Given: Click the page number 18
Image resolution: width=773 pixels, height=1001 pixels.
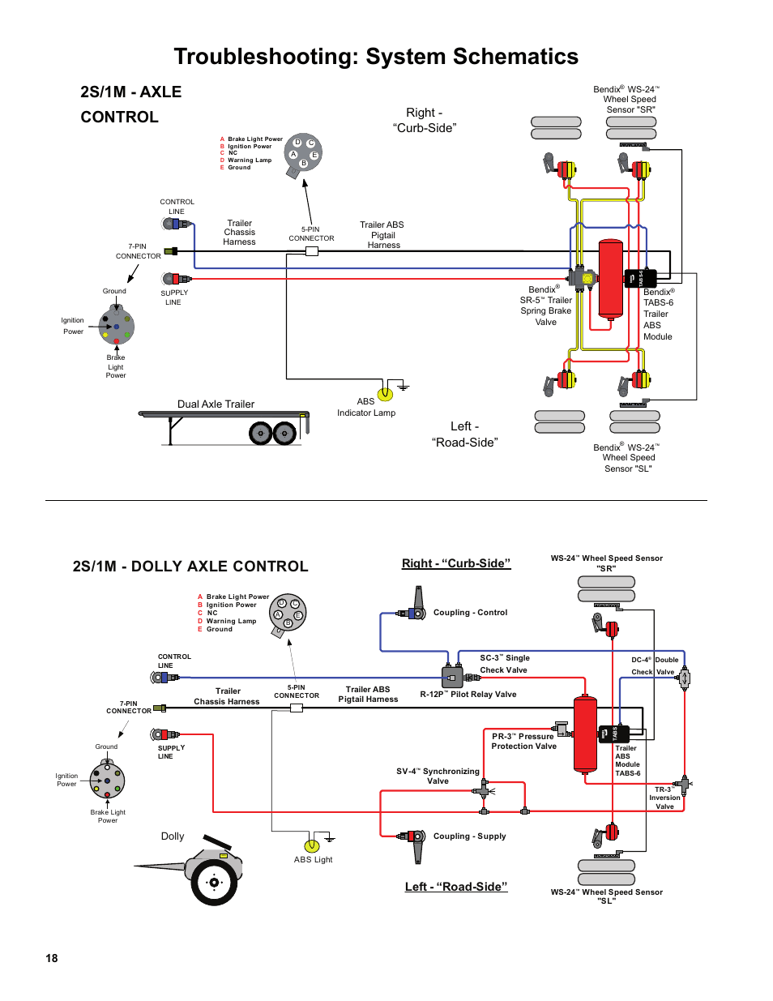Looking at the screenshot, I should tap(52, 958).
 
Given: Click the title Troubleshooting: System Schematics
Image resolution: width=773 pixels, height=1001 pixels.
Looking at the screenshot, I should tap(376, 57).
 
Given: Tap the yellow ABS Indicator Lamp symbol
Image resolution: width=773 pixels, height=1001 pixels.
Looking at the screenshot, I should tap(386, 394).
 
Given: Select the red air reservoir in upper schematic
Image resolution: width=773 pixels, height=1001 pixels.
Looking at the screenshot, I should tap(610, 279).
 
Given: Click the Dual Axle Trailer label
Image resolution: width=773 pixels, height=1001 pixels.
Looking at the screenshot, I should tap(216, 404).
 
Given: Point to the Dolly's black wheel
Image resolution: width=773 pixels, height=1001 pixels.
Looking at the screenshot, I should tap(214, 883).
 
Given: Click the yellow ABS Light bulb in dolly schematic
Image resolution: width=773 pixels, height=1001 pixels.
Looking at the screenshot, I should tap(312, 846).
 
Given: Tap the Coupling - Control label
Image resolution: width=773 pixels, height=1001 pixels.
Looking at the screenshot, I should tap(470, 613).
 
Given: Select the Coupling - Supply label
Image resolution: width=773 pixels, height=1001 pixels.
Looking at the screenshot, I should tap(469, 836).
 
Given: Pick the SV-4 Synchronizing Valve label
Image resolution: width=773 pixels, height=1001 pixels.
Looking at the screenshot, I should tap(438, 776).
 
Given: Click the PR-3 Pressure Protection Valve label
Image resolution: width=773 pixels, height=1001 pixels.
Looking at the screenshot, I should tap(523, 742).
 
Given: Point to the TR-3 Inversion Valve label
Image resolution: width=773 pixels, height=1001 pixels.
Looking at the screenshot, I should tap(664, 798).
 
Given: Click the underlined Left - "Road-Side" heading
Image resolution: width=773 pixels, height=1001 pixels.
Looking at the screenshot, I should tap(456, 887).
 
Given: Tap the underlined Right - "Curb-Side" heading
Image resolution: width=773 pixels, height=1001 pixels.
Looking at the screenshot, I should tap(456, 563).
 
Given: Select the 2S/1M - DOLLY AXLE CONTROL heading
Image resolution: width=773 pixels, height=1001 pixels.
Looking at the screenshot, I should tap(190, 567).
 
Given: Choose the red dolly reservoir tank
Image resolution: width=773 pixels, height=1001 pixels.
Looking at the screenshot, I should tap(585, 734).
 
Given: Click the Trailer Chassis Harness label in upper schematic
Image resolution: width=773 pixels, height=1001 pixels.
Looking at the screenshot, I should tap(239, 233).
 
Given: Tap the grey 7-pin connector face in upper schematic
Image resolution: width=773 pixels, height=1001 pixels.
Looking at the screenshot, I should tap(117, 327).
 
